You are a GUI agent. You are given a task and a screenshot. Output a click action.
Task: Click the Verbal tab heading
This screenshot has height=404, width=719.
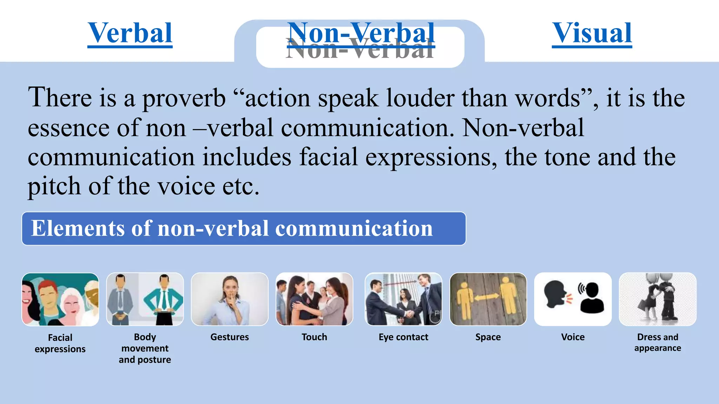[130, 33]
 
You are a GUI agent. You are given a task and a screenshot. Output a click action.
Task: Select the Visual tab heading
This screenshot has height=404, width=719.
[592, 33]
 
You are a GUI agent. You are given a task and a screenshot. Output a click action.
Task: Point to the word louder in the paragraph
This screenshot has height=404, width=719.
[420, 97]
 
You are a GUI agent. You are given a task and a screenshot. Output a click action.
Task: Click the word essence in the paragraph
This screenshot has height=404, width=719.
[68, 128]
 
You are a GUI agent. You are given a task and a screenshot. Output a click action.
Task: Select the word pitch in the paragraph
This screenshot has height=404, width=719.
[54, 186]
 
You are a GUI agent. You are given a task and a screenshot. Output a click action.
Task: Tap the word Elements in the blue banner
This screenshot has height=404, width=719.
[78, 228]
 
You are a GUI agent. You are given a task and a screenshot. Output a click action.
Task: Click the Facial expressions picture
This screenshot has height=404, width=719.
[60, 299]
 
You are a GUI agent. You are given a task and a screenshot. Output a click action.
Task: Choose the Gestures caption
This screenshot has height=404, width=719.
[230, 337]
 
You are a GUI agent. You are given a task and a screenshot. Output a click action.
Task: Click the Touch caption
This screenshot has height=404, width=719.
[314, 337]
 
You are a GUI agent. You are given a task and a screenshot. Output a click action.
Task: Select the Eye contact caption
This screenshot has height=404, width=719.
[403, 337]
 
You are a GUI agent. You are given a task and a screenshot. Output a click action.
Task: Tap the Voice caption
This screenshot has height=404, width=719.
[573, 337]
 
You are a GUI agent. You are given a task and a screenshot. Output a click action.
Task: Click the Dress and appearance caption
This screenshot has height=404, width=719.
[658, 342]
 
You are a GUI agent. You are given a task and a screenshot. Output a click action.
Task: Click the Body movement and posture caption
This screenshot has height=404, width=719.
[145, 348]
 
